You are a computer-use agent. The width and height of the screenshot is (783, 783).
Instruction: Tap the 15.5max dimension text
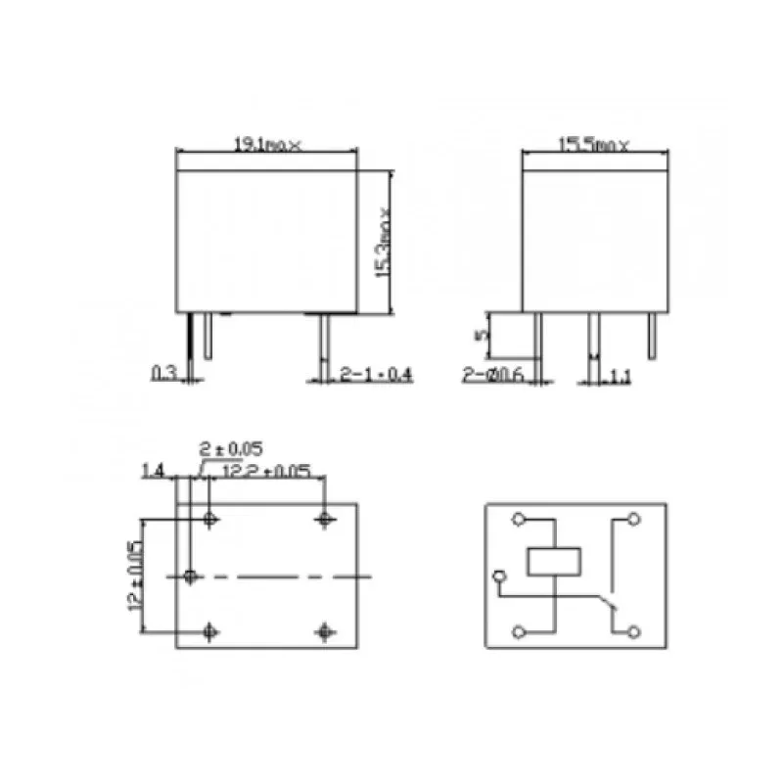pyautogui.click(x=594, y=144)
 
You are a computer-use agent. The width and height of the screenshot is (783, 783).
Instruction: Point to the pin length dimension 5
pyautogui.click(x=480, y=335)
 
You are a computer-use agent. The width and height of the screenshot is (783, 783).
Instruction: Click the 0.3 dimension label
pyautogui.click(x=163, y=373)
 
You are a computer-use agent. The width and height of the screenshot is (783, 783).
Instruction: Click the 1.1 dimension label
pyautogui.click(x=619, y=374)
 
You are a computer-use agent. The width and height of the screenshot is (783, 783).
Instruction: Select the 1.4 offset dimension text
pyautogui.click(x=152, y=472)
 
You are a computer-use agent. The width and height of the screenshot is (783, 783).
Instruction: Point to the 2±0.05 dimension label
pyautogui.click(x=230, y=449)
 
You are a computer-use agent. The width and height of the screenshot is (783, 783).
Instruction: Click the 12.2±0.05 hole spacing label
pyautogui.click(x=267, y=472)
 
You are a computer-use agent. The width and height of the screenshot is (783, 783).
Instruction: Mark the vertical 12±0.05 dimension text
pyautogui.click(x=136, y=577)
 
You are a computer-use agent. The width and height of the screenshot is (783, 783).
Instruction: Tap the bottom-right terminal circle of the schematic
pyautogui.click(x=635, y=632)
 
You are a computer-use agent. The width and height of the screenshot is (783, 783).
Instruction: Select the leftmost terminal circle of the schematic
pyautogui.click(x=501, y=577)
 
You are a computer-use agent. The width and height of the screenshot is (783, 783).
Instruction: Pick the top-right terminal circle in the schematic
pyautogui.click(x=635, y=519)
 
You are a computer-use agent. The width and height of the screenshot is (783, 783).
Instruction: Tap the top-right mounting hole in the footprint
pyautogui.click(x=325, y=519)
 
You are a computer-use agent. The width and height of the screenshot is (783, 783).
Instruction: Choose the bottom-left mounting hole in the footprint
pyautogui.click(x=209, y=631)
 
